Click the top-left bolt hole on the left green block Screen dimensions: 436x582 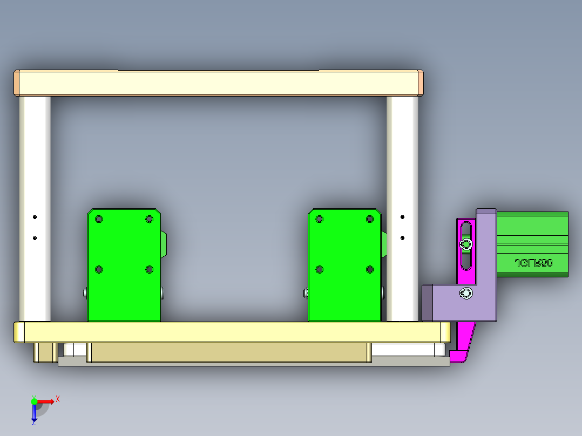coord(98,219)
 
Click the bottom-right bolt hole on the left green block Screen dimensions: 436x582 coord(149,269)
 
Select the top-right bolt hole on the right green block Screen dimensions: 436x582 coord(370,219)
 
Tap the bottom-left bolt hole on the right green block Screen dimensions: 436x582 coord(319,269)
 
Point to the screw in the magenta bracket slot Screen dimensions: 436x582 coord(466,245)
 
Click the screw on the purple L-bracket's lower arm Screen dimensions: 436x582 coord(466,293)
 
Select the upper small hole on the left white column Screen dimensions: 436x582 coord(35,217)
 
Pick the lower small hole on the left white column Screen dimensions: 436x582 coord(35,237)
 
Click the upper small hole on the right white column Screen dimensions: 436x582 coord(402,217)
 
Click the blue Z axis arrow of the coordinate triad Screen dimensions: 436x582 coord(34,414)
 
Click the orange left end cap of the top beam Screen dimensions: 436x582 coord(17,83)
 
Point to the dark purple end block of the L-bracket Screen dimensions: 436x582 coord(426,302)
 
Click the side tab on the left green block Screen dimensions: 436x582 coord(164,246)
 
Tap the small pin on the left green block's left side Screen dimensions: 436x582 coord(85,293)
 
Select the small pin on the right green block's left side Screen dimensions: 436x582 coord(306,293)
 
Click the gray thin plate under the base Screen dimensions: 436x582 coord(254,363)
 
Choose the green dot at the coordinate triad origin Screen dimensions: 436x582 coord(34,401)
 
